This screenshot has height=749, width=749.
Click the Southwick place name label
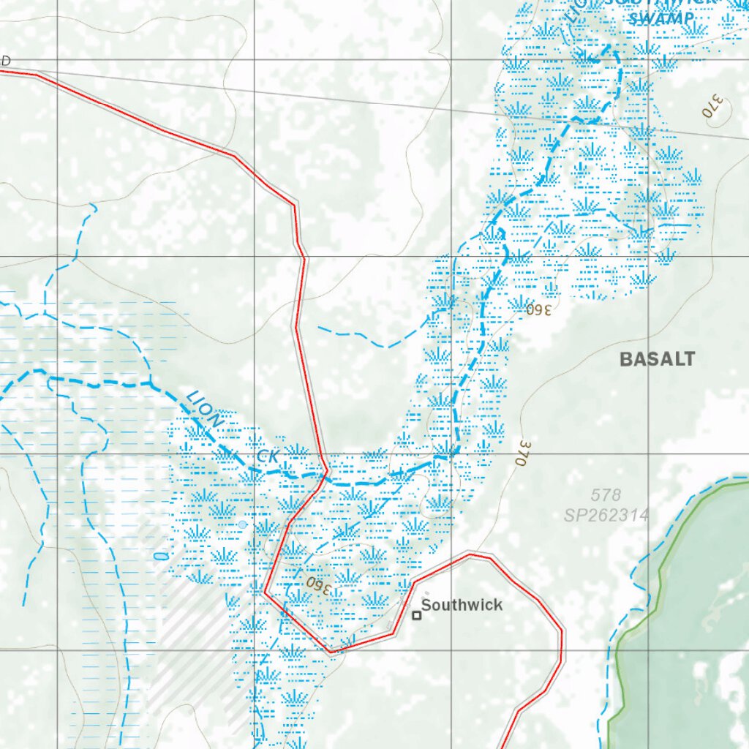pyautogui.click(x=462, y=605)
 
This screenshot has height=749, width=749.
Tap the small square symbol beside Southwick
pyautogui.click(x=417, y=616)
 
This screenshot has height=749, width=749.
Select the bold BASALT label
pyautogui.click(x=657, y=359)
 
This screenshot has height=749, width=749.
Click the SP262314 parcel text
pyautogui.click(x=606, y=515)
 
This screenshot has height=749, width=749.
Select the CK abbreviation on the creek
pyautogui.click(x=268, y=456)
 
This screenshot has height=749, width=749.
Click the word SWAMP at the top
pyautogui.click(x=661, y=18)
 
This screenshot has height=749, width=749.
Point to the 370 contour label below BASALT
pyautogui.click(x=524, y=452)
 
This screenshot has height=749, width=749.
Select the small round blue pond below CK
pyautogui.click(x=242, y=524)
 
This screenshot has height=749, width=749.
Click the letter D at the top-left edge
pyautogui.click(x=5, y=61)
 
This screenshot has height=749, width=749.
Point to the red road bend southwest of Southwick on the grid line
pyautogui.click(x=331, y=650)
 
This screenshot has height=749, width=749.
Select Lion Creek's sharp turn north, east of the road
pyautogui.click(x=452, y=456)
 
